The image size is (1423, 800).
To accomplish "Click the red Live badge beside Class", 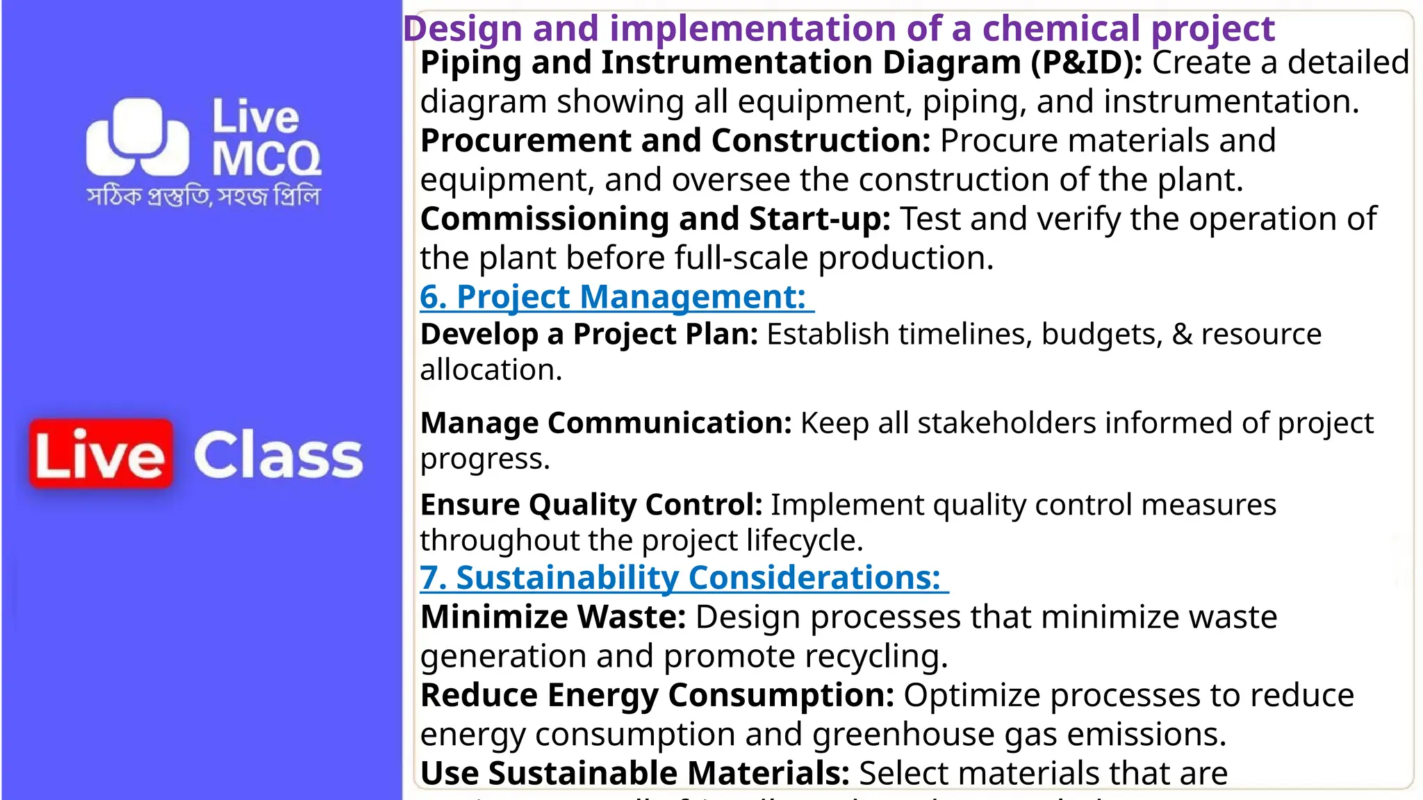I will [101, 454].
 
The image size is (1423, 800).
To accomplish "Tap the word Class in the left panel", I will [278, 456].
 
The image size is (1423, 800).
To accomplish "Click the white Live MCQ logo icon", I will [138, 137].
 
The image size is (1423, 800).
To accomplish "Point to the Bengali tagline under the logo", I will [204, 197].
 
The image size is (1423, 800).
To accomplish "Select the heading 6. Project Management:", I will [616, 297].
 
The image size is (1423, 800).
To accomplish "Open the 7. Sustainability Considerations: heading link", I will [684, 578].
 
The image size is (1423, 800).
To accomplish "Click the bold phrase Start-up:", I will [820, 219].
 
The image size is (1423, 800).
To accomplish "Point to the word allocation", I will [491, 370].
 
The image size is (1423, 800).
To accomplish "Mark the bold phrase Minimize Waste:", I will [553, 617].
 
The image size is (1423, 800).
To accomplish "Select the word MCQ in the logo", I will [266, 159].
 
